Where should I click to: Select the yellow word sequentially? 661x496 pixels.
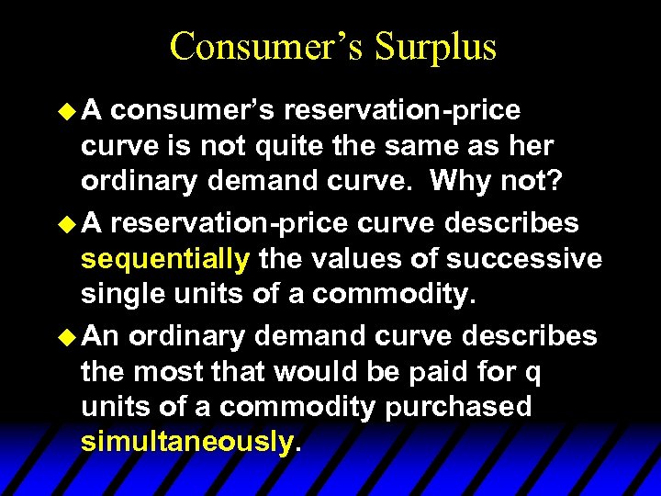(165, 259)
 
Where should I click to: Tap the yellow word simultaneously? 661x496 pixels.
(187, 442)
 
